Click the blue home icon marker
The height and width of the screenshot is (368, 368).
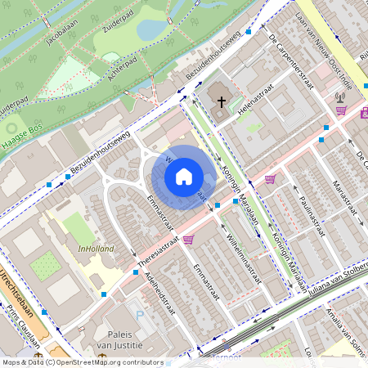coord(184,176)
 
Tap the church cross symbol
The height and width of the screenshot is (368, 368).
coord(221,102)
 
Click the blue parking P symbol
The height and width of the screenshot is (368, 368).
coord(139,314)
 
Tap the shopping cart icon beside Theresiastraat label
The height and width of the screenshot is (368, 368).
coord(189,240)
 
